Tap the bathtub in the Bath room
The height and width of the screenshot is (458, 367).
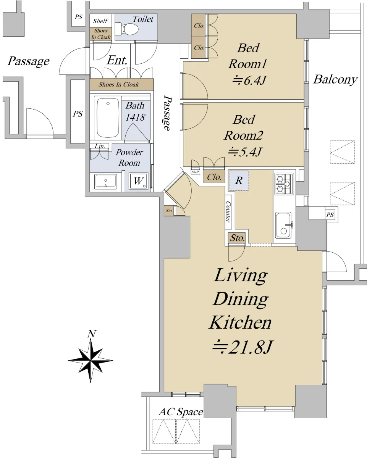click(x=108, y=118)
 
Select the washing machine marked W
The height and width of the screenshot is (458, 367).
click(x=139, y=181)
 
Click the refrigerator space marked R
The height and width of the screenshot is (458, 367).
click(x=239, y=181)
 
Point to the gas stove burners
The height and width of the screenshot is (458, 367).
click(x=284, y=184)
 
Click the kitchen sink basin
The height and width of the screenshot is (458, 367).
click(x=283, y=225)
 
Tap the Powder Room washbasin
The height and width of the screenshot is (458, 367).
click(x=105, y=181)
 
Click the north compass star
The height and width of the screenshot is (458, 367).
click(x=91, y=360)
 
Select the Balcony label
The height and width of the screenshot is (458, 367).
click(x=335, y=80)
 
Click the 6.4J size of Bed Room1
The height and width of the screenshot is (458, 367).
click(x=249, y=81)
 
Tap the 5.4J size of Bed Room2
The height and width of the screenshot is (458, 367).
click(x=245, y=152)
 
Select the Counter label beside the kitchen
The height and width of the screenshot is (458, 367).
click(x=228, y=212)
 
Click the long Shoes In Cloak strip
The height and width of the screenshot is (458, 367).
click(x=121, y=84)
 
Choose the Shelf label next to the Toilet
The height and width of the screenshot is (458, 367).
click(x=100, y=21)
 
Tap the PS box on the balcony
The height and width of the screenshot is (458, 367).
click(x=330, y=214)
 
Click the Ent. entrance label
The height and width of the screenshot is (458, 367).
click(x=117, y=60)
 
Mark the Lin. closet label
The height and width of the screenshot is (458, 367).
click(x=100, y=146)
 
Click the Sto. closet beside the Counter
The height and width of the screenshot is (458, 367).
click(x=237, y=238)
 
